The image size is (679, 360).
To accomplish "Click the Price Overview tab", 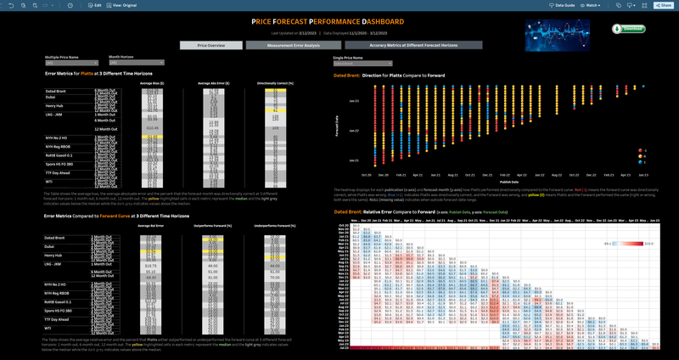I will click(x=210, y=45).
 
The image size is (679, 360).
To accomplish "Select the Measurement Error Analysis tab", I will click(x=295, y=45).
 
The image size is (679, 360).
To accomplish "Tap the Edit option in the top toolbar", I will click(x=94, y=5).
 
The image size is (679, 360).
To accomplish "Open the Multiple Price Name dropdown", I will click(x=74, y=63).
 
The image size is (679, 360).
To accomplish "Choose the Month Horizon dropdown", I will click(x=136, y=63).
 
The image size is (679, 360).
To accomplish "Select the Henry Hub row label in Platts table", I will click(x=55, y=105).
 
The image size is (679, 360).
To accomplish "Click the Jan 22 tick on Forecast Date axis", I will click(x=354, y=132).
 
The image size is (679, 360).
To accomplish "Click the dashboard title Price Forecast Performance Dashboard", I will click(x=339, y=20).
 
